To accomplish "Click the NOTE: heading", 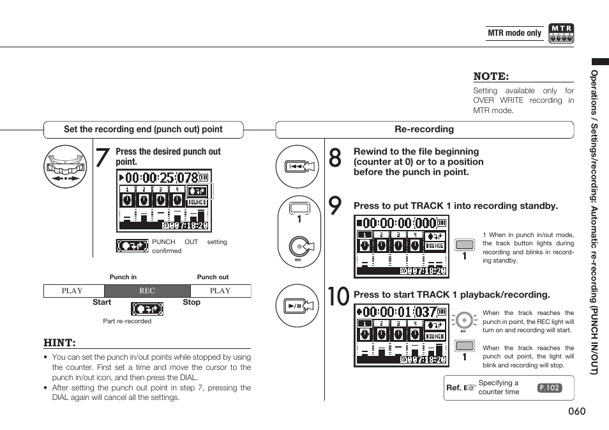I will pos(491,76).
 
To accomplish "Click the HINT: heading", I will pos(59,343).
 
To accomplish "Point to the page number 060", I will pos(576,411).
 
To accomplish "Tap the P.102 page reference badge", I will pos(550,388).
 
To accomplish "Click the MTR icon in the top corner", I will pos(561,33).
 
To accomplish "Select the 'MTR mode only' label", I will pos(515,33).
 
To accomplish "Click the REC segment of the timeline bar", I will pos(147,291).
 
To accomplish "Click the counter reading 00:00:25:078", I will pos(162,178).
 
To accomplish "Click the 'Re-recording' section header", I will pos(424,130).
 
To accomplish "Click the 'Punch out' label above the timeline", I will pos(213,277).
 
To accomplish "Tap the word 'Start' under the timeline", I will pos(101,303).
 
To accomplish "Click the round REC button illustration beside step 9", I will pos(298,246).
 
